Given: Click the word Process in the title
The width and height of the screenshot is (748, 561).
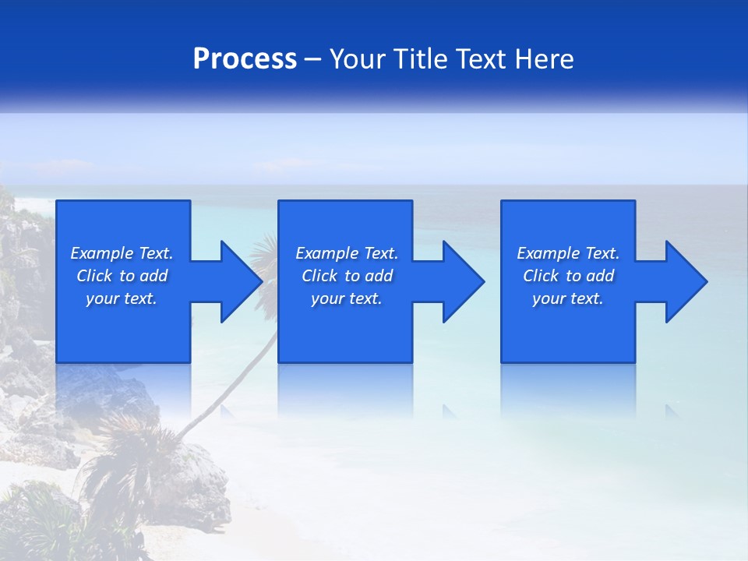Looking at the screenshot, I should (245, 59).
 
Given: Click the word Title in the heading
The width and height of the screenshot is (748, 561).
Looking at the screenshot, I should (420, 59).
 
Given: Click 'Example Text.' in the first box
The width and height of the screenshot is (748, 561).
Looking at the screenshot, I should (122, 253).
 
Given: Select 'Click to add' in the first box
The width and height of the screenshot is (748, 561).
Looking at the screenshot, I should (122, 276).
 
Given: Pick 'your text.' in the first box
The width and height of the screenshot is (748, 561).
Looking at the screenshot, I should (122, 298).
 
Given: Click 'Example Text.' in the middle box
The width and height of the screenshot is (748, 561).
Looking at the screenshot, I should (347, 253).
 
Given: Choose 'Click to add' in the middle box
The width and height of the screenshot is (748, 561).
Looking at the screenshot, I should (347, 276).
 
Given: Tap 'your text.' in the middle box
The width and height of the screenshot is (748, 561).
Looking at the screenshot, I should (347, 298).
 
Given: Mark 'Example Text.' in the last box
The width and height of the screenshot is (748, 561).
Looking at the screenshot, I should (568, 253).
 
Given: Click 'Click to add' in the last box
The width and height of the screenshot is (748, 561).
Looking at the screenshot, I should (568, 276).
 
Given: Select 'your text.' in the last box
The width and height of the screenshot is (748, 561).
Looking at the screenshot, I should (568, 298).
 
